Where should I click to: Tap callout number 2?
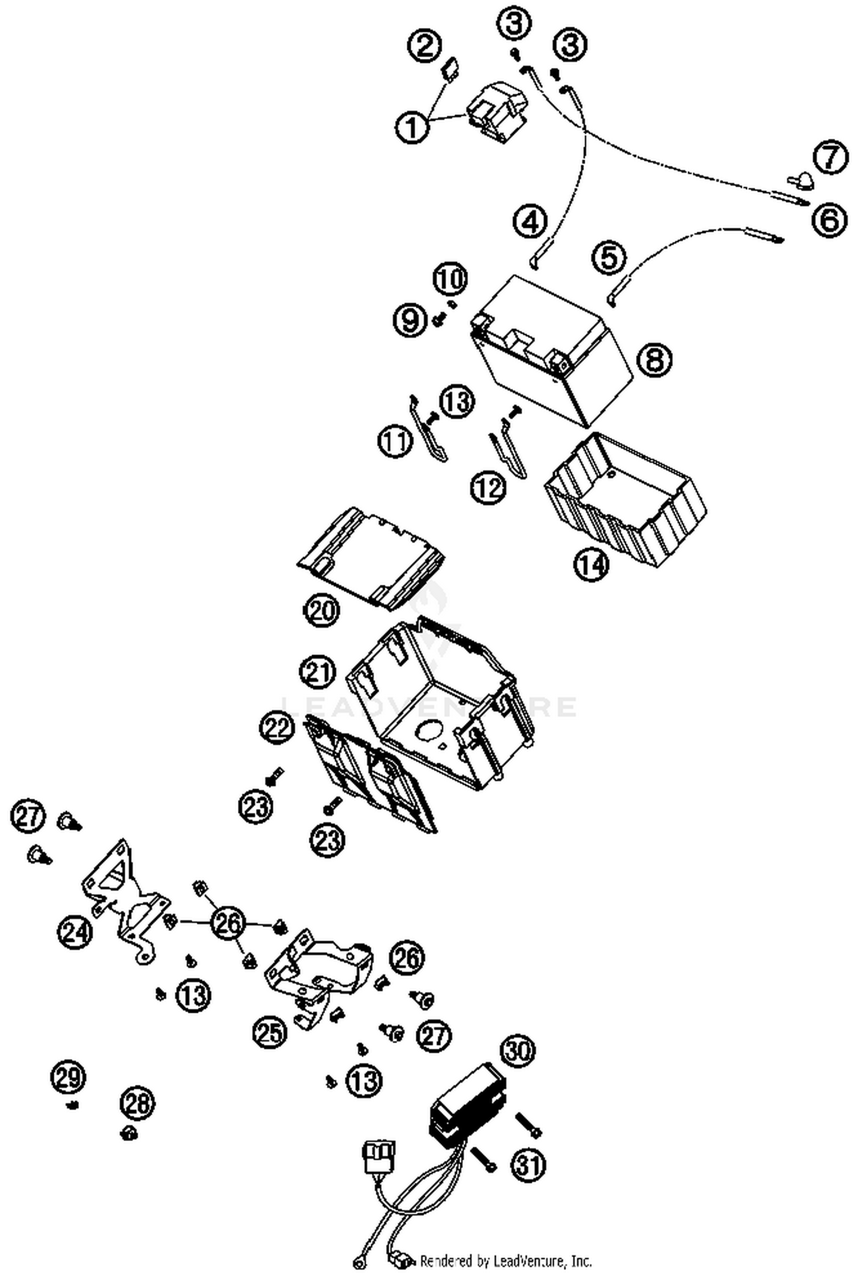coord(425,45)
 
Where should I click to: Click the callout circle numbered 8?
coord(654,360)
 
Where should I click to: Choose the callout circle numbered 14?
coord(591,565)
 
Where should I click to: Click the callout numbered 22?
coord(277,728)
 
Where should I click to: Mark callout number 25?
coord(270,1032)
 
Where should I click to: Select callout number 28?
coord(137,1103)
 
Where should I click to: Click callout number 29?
coord(69,1077)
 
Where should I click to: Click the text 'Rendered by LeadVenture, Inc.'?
coord(506,1261)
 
